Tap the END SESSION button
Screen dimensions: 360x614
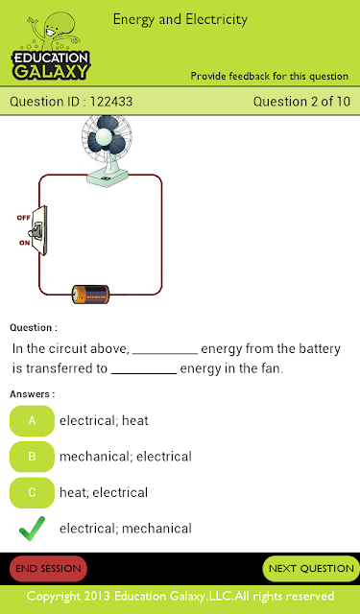click(48, 569)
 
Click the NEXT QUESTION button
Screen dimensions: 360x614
click(311, 569)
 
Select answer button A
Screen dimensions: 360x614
click(32, 420)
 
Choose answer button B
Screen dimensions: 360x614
click(32, 457)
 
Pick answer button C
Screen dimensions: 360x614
click(32, 492)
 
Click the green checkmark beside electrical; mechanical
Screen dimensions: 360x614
click(31, 530)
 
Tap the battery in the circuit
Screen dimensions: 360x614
click(90, 295)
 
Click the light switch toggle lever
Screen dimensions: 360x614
click(37, 230)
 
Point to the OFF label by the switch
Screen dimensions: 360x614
click(23, 218)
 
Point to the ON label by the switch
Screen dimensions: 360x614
click(24, 243)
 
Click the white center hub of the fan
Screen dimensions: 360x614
click(105, 136)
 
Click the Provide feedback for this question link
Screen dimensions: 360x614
click(270, 76)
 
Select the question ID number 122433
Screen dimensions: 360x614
click(111, 102)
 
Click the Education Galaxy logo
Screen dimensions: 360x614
click(51, 46)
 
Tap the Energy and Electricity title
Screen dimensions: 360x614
click(180, 19)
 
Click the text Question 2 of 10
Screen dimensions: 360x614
click(301, 102)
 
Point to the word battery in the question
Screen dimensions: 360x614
click(318, 349)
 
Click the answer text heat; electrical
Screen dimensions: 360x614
click(104, 492)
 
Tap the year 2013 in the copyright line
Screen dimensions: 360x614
click(97, 597)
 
